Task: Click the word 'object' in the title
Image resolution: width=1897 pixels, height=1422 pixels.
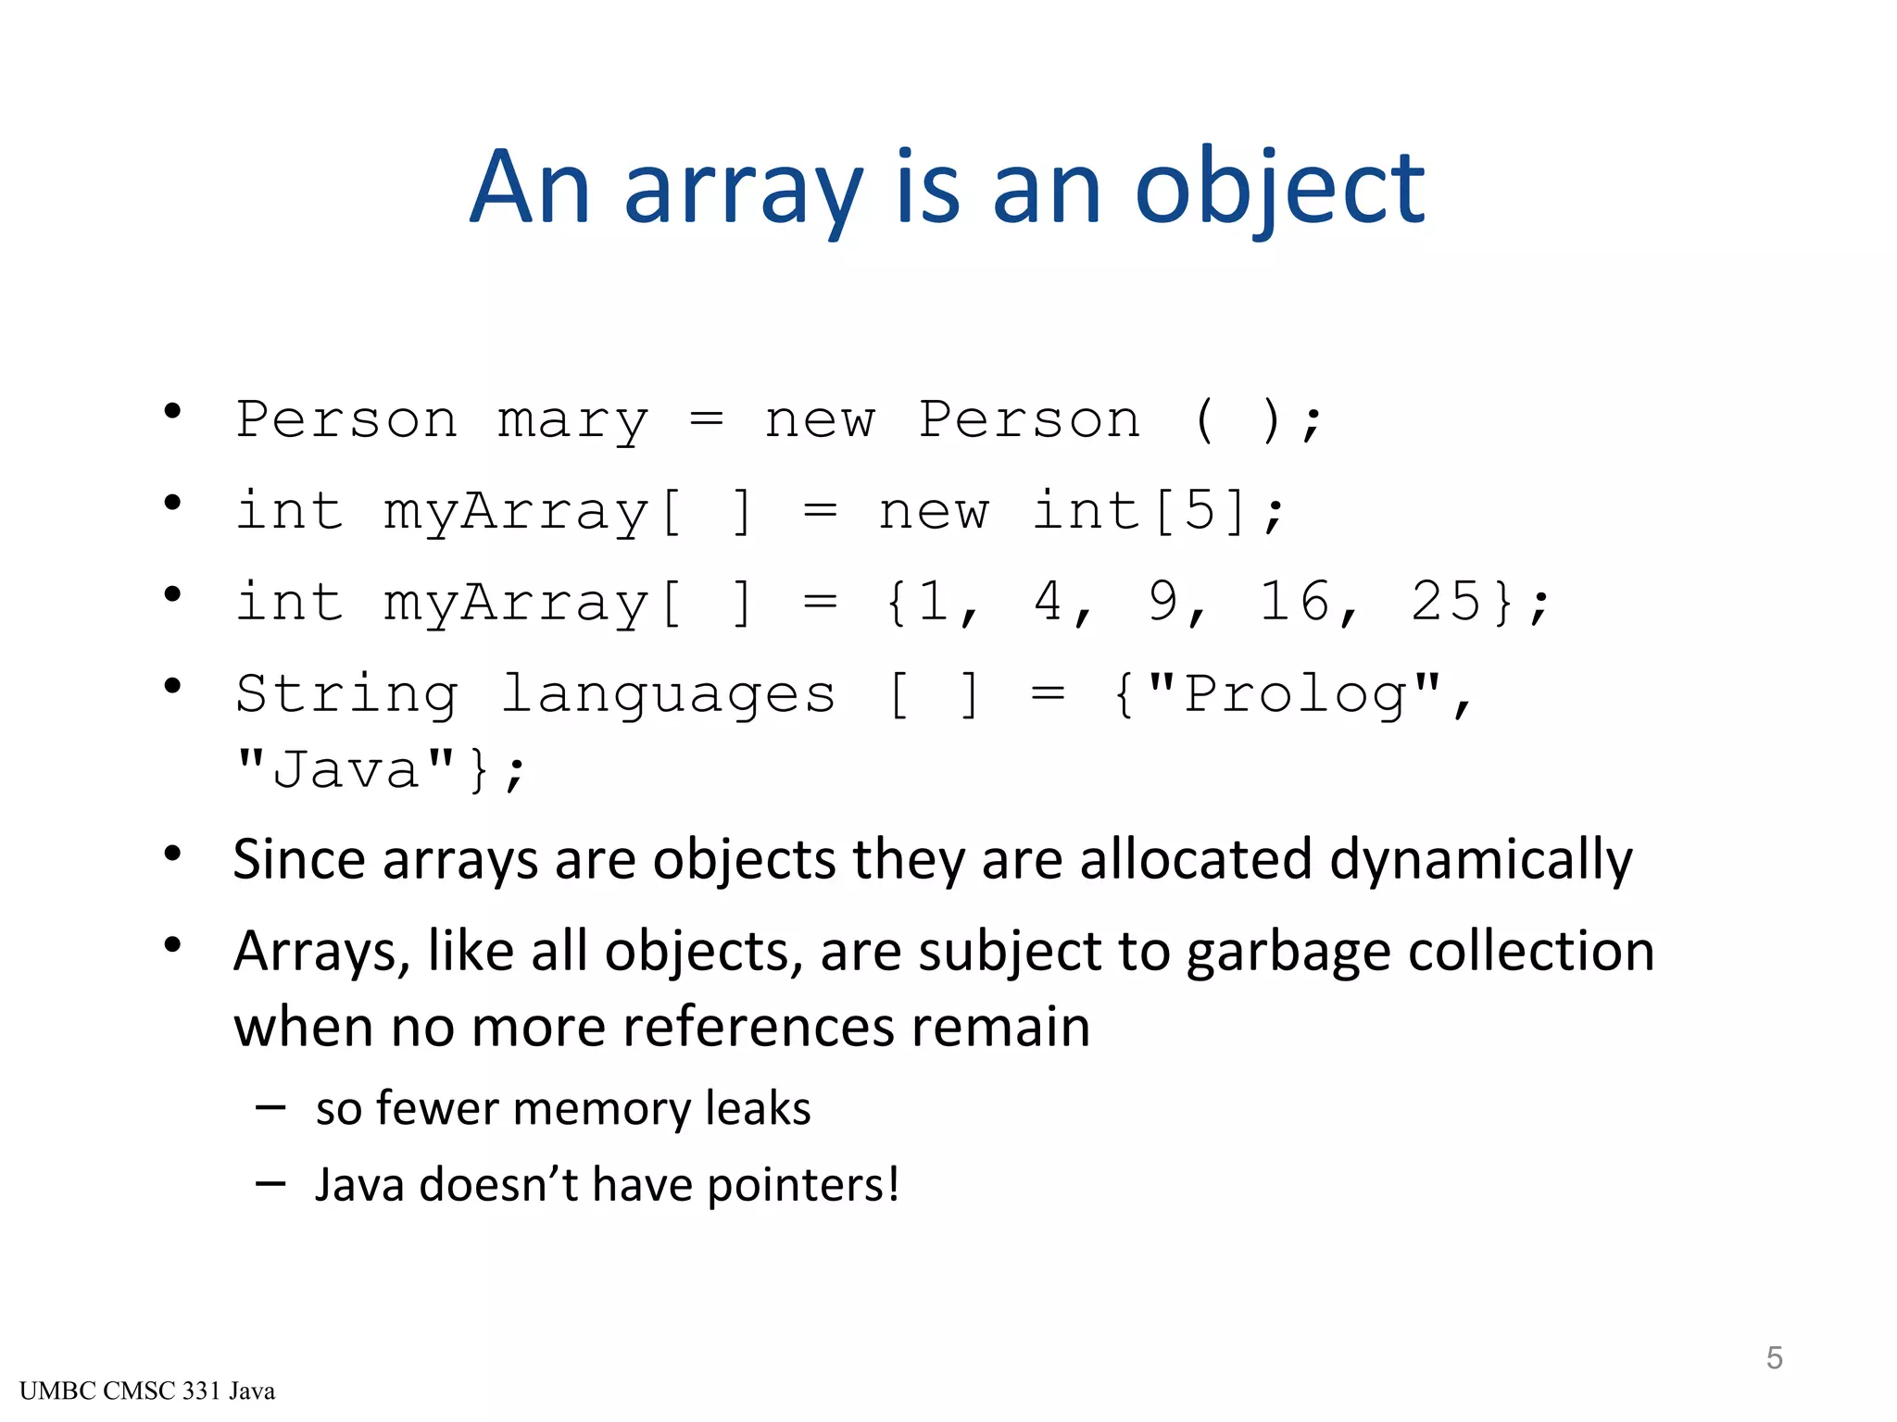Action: click(1279, 189)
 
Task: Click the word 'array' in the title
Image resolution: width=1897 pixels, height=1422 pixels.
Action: click(744, 189)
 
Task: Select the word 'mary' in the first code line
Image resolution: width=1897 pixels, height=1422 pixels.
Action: click(572, 421)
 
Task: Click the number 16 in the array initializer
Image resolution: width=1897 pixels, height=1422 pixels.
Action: click(1295, 602)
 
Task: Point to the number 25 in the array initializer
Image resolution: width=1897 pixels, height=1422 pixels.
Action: click(1446, 602)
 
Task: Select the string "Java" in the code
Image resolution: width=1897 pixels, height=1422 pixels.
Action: click(345, 769)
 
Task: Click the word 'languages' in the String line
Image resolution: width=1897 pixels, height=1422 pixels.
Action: click(668, 693)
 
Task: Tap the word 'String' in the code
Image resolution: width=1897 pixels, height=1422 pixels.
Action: click(346, 693)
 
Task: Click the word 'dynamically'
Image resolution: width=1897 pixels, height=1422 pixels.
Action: click(1481, 860)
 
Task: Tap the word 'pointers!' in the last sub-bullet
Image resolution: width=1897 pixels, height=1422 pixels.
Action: click(803, 1186)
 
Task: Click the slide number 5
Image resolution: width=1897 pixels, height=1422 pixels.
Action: click(1774, 1358)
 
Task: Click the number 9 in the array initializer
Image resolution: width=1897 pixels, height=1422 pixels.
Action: click(1163, 602)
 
